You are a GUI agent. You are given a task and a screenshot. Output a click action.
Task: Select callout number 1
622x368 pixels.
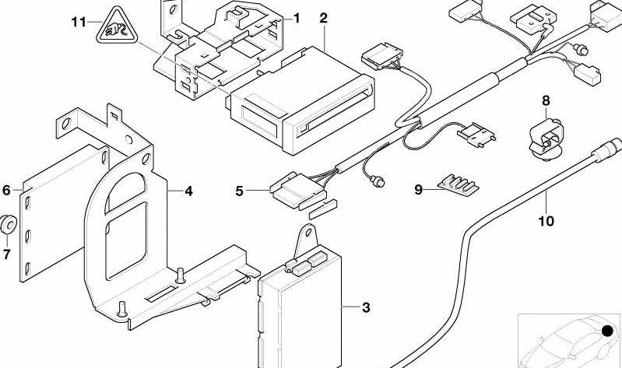296,17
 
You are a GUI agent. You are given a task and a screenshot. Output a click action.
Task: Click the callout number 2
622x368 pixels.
323,17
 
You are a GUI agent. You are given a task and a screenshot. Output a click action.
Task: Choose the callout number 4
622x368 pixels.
188,189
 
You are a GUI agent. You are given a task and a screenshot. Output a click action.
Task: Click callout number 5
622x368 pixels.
241,188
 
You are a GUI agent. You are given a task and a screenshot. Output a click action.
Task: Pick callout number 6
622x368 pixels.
5,189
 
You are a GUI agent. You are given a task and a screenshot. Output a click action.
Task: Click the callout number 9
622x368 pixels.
419,188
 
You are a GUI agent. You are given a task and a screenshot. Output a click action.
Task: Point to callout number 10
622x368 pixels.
546,221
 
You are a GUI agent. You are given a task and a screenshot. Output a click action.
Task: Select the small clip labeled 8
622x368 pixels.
546,139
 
